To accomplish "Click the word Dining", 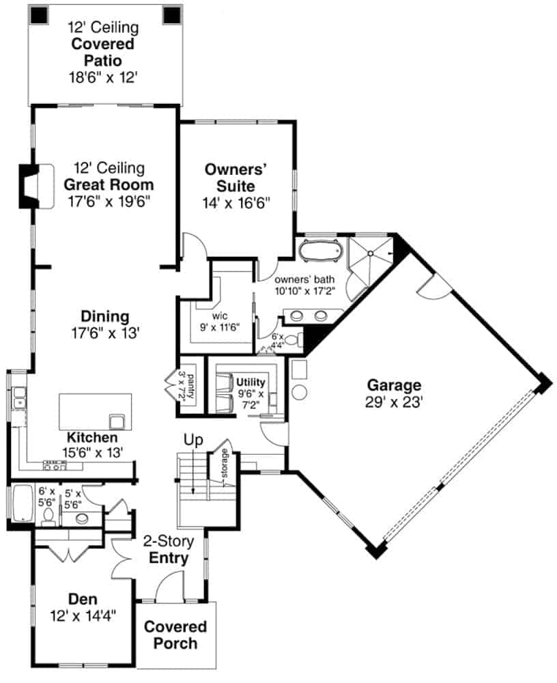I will [105, 317].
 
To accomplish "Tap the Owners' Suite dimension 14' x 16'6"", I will [237, 203].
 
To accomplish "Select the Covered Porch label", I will [175, 635].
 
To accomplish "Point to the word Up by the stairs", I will [195, 441].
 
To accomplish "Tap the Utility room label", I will [251, 382].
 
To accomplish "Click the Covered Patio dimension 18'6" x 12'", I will [104, 77].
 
